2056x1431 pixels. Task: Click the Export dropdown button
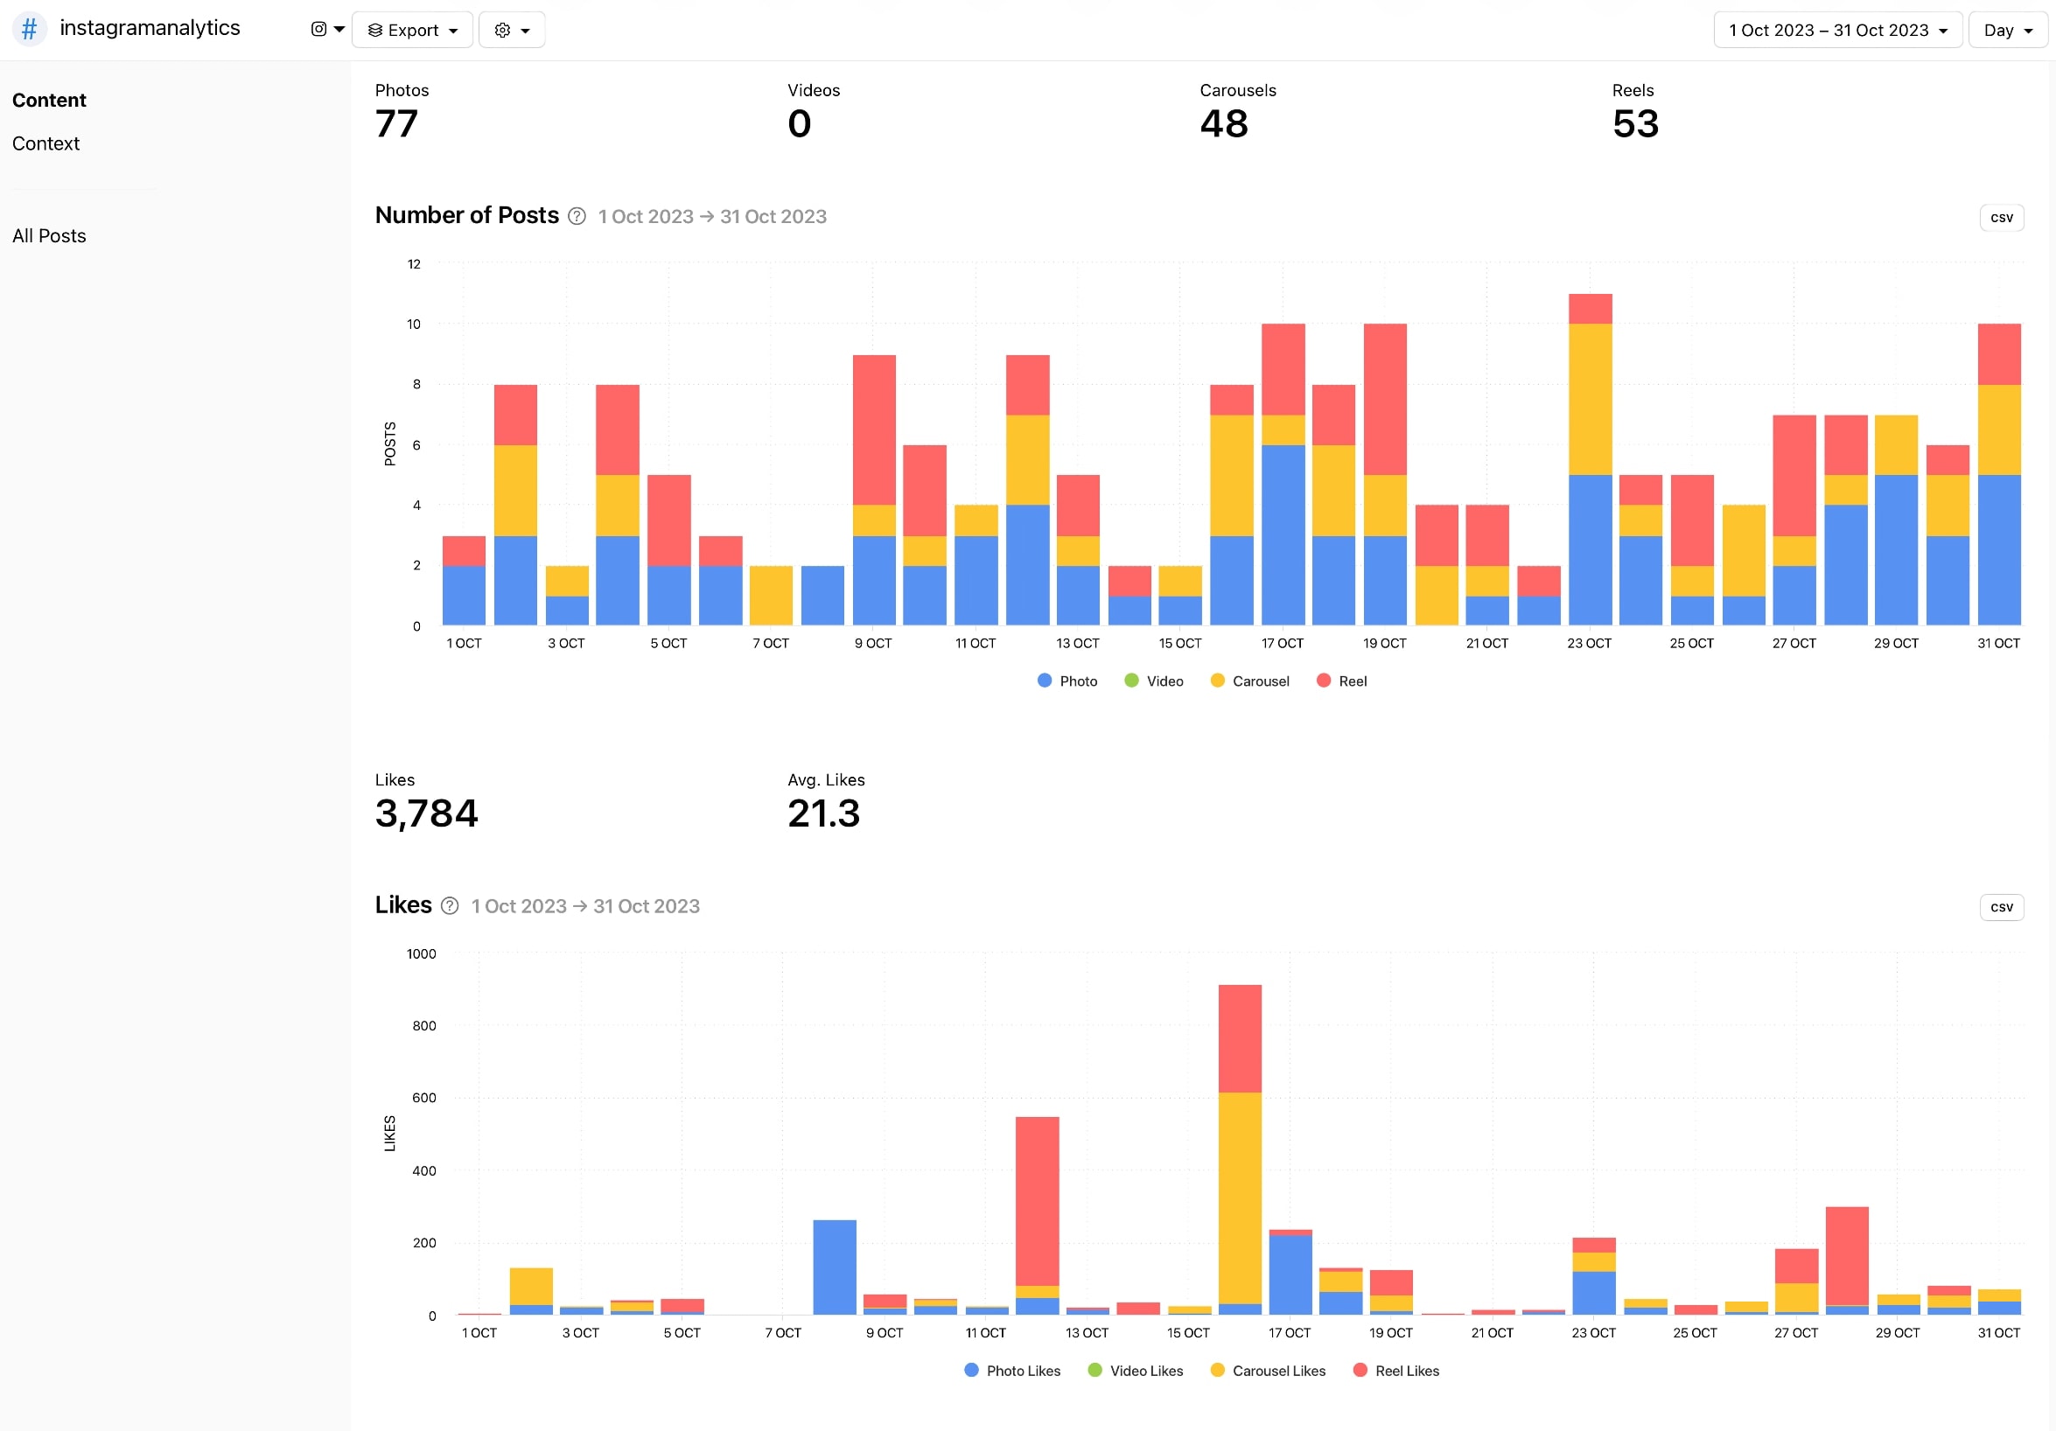(x=412, y=31)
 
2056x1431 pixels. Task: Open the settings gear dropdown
(x=511, y=31)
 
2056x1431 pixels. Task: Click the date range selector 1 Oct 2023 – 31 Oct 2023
(x=1836, y=31)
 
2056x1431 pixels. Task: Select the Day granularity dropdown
(x=2007, y=31)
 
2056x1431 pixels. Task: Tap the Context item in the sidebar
(x=45, y=143)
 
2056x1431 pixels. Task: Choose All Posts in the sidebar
(x=49, y=235)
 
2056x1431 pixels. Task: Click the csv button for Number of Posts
(x=2001, y=218)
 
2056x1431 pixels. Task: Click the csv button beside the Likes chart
(x=2001, y=907)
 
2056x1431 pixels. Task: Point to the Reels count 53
(x=1634, y=123)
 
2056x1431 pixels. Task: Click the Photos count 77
(x=395, y=123)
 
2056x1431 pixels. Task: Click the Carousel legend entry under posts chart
(x=1250, y=681)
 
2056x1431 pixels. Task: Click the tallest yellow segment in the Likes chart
(x=1240, y=1198)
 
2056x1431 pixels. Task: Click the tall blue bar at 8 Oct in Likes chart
(x=834, y=1267)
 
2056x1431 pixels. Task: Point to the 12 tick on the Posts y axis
(x=414, y=264)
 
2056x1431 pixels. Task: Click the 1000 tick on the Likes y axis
(x=421, y=953)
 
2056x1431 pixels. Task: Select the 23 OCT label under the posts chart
(x=1589, y=643)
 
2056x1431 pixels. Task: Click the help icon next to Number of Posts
(x=577, y=217)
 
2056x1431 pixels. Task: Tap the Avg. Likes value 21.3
(x=823, y=813)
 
